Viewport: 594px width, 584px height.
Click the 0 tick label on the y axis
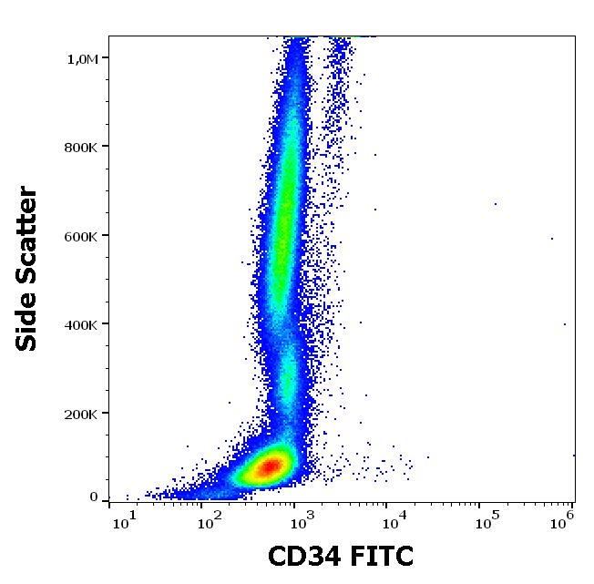(x=93, y=497)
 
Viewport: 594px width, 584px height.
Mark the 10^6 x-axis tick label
(x=567, y=519)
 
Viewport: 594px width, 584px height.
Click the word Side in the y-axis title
(x=27, y=323)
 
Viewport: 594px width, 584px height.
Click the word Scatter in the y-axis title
(x=27, y=240)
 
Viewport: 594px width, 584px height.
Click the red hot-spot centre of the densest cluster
(x=269, y=468)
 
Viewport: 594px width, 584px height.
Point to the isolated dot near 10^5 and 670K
(x=496, y=203)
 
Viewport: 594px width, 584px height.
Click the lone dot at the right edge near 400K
(x=565, y=323)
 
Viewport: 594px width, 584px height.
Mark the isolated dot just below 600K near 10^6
(x=552, y=239)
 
